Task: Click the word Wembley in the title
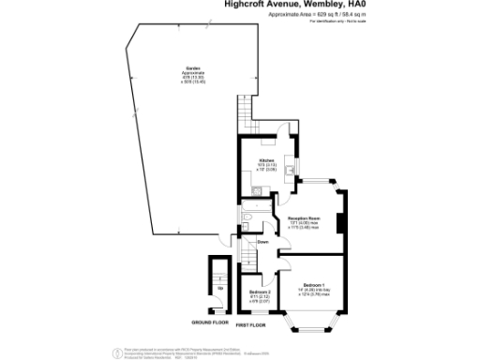pyautogui.click(x=321, y=5)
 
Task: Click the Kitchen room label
pyautogui.click(x=267, y=160)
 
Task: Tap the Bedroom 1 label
pyautogui.click(x=312, y=284)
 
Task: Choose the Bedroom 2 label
pyautogui.click(x=260, y=292)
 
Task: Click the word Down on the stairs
pyautogui.click(x=263, y=241)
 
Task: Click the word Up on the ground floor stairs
pyautogui.click(x=220, y=288)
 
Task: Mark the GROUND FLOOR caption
pyautogui.click(x=210, y=322)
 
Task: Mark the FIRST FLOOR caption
pyautogui.click(x=249, y=325)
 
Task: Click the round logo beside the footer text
pyautogui.click(x=116, y=352)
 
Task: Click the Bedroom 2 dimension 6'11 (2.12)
pyautogui.click(x=259, y=296)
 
